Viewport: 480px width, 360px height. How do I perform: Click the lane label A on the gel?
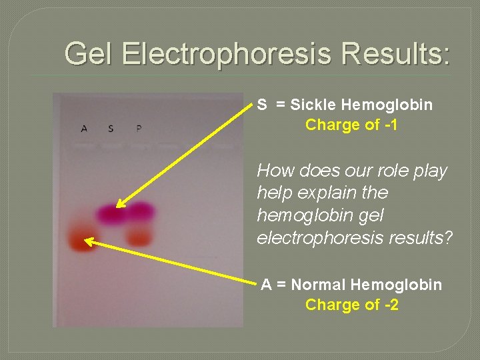click(84, 128)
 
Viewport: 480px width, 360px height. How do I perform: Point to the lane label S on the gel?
click(111, 128)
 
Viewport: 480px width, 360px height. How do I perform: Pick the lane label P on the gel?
click(138, 128)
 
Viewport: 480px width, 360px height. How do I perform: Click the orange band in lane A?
click(81, 241)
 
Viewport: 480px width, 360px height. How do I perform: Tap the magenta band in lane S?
click(111, 213)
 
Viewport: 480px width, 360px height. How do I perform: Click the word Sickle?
click(313, 105)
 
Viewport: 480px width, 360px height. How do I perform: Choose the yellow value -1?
click(389, 125)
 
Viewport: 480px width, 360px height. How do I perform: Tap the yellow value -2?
click(389, 305)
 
